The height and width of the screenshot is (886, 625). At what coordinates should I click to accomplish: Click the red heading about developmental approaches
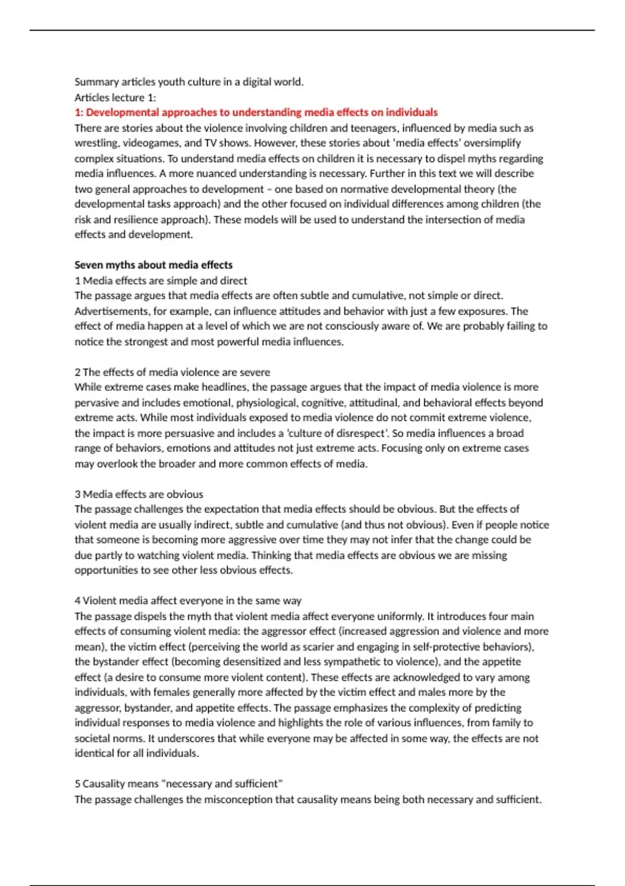pyautogui.click(x=256, y=113)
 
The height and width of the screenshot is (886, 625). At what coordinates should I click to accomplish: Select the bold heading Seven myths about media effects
pyautogui.click(x=154, y=265)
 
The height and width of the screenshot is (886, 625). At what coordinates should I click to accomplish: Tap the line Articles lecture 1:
pyautogui.click(x=115, y=97)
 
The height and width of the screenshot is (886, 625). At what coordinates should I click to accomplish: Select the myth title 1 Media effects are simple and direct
pyautogui.click(x=161, y=280)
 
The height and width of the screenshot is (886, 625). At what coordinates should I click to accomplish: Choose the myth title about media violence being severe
pyautogui.click(x=172, y=372)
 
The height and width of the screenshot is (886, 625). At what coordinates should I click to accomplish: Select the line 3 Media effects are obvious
pyautogui.click(x=139, y=494)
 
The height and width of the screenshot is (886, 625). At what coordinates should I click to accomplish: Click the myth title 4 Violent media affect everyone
pyautogui.click(x=188, y=600)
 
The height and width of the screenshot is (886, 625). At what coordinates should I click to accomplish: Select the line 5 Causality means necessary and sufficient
pyautogui.click(x=179, y=784)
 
